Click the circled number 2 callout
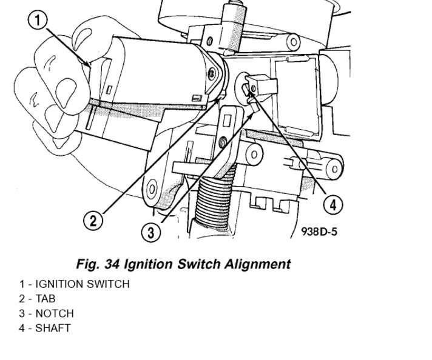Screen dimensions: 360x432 (92, 221)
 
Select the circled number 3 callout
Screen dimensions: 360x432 (152, 231)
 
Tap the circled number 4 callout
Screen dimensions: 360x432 (331, 205)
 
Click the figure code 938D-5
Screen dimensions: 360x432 (318, 232)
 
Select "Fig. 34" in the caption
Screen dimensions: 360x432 (98, 264)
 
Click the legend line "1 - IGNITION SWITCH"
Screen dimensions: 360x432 (74, 284)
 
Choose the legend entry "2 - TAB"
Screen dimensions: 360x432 (41, 298)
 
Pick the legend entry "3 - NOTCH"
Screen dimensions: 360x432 (46, 313)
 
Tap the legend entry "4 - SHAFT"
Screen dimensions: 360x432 (45, 328)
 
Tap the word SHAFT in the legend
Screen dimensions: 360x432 (53, 328)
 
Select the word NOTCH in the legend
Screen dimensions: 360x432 (55, 313)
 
